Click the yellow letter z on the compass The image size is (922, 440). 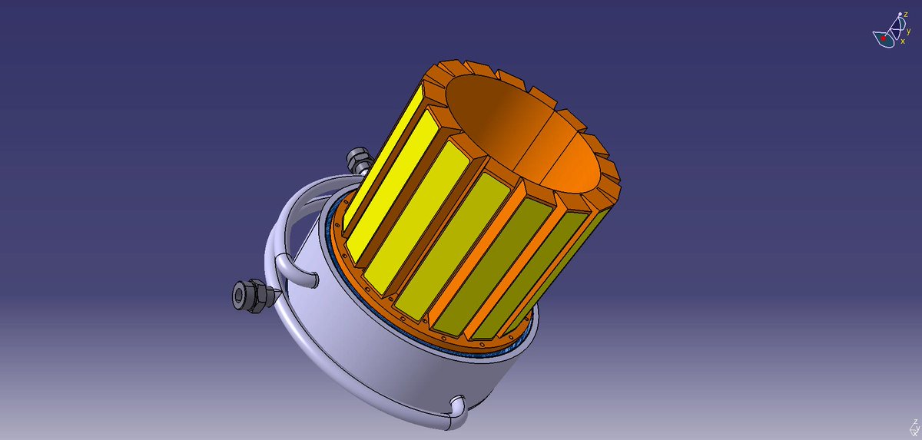point(906,15)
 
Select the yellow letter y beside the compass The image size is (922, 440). point(908,31)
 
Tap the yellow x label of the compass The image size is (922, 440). point(903,41)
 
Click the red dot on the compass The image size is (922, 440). point(884,38)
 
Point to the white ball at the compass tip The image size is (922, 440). point(900,15)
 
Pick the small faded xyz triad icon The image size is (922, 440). point(914,428)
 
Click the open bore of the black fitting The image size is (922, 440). point(240,294)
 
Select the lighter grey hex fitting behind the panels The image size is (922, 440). point(358,160)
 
